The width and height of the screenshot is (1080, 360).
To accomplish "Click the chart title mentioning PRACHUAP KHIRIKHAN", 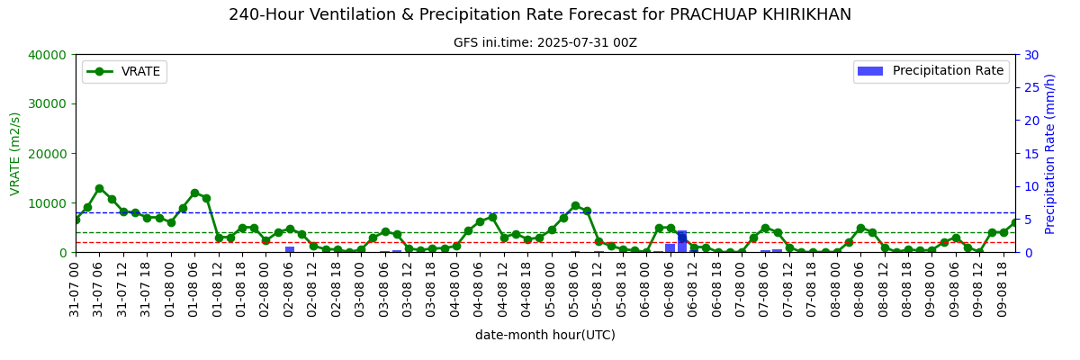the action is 540,15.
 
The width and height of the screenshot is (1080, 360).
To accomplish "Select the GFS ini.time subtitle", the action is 545,43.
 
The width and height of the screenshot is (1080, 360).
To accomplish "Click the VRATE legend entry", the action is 124,72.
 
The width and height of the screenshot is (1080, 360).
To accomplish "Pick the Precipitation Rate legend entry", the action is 931,71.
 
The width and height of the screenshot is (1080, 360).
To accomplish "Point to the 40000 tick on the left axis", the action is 47,55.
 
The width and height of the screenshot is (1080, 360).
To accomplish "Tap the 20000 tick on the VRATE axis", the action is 47,154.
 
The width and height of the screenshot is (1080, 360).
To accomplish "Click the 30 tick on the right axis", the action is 1031,55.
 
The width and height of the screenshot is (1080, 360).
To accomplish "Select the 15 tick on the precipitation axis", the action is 1031,154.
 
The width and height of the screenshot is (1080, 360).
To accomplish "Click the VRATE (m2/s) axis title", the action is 15,154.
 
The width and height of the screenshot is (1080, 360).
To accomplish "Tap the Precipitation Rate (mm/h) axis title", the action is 1049,154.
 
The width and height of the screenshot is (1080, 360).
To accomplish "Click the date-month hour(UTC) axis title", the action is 545,335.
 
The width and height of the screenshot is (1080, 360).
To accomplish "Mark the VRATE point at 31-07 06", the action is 99,188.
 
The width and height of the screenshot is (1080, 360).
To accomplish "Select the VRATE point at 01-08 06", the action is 194,193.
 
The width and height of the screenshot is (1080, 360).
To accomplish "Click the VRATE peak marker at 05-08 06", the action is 575,206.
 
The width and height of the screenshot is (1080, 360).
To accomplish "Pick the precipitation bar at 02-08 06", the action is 290,249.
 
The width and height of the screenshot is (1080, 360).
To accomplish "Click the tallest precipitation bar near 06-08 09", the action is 682,241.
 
